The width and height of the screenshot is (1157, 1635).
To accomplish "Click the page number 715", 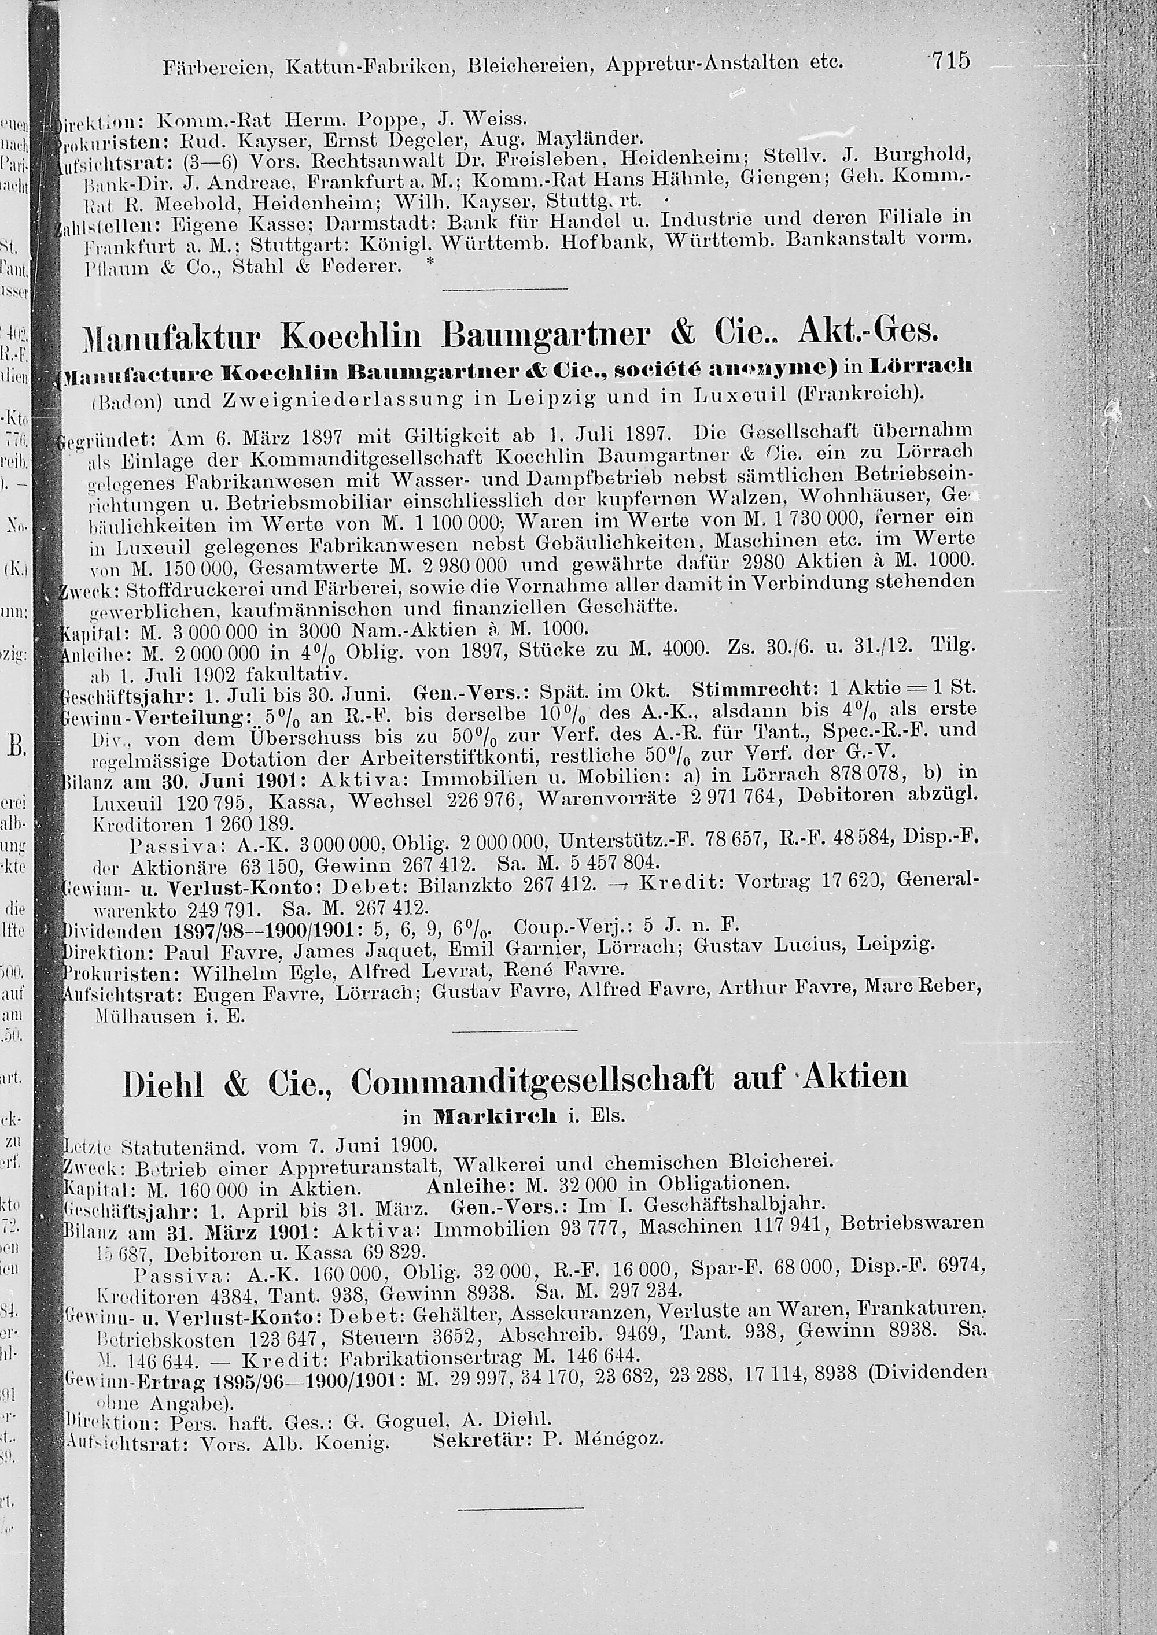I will point(950,61).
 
